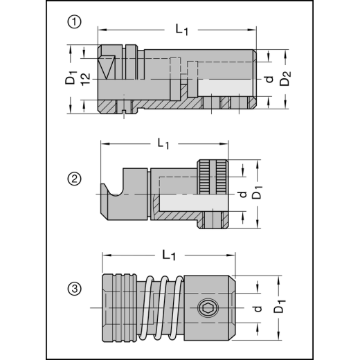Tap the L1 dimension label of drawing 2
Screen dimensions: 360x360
(163, 143)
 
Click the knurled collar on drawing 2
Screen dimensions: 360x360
(213, 177)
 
